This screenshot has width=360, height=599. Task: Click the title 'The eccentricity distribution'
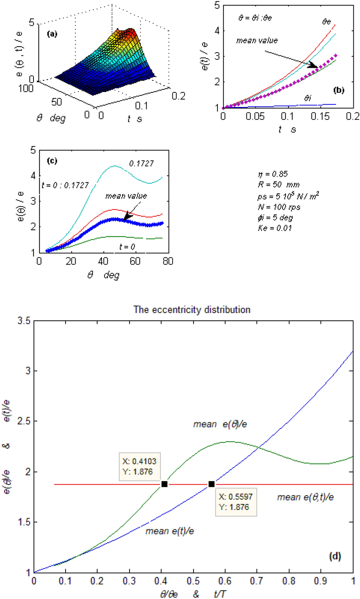(192, 310)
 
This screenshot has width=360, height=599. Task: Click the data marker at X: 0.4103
(164, 484)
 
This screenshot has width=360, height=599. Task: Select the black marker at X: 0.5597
(211, 484)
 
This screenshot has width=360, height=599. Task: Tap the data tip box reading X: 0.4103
(140, 466)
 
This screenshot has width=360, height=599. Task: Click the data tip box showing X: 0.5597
(236, 502)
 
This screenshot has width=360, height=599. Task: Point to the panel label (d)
(335, 556)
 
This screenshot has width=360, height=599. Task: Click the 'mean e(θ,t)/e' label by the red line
(305, 497)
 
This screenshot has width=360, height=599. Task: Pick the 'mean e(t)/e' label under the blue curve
(169, 531)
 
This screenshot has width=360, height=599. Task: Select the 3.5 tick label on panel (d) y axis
(24, 321)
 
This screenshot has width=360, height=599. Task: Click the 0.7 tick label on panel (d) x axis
(257, 581)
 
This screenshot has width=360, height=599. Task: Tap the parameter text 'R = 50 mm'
(279, 185)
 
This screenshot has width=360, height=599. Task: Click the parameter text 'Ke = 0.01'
(275, 228)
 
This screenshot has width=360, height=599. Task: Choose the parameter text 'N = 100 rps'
(279, 207)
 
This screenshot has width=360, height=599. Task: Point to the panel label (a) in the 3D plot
(52, 34)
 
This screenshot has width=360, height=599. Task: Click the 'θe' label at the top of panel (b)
(326, 22)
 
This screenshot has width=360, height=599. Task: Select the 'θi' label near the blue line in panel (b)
(308, 98)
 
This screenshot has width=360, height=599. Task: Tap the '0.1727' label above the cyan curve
(141, 164)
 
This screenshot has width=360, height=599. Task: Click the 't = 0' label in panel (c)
(127, 247)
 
